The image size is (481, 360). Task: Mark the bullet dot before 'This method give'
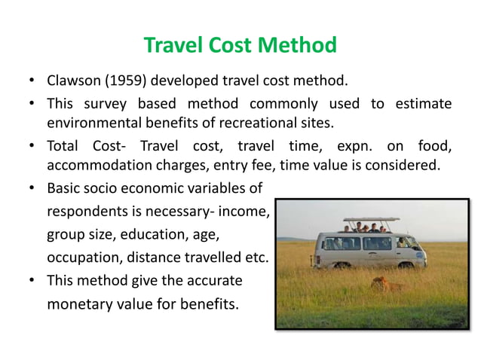pos(32,280)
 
